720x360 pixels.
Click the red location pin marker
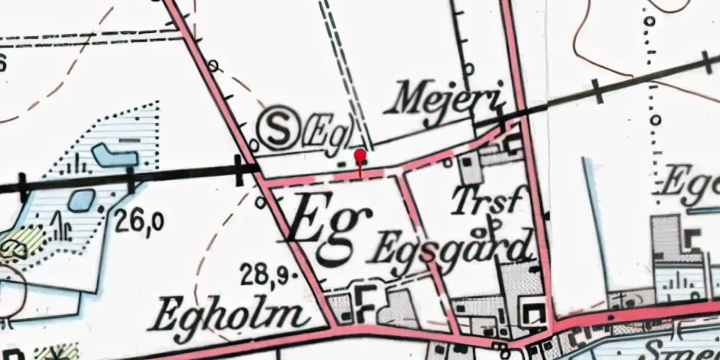click(361, 156)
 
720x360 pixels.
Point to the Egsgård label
click(453, 248)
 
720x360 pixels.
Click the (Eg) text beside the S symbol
click(328, 131)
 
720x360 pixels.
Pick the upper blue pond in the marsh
click(109, 153)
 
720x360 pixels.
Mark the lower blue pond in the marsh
click(81, 199)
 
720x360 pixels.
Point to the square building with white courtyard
click(534, 314)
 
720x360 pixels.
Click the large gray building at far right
click(665, 238)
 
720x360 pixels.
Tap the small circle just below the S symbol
click(253, 144)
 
